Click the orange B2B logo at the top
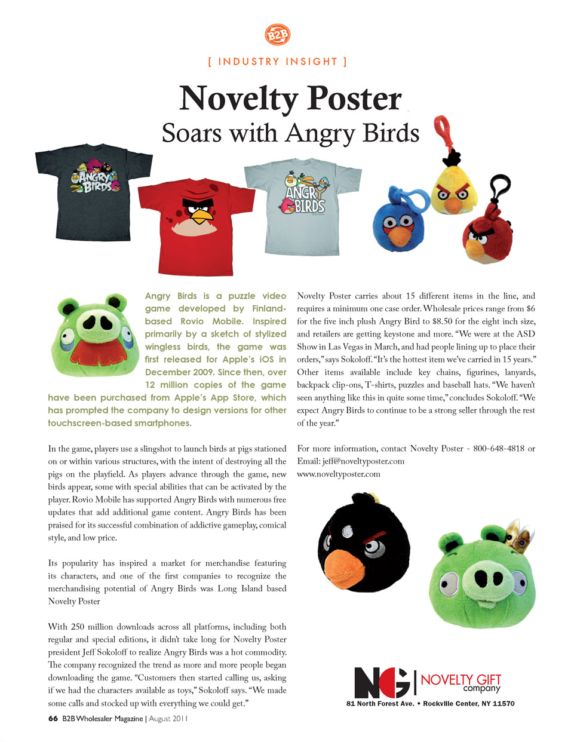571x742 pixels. [277, 35]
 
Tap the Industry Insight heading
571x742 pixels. [278, 62]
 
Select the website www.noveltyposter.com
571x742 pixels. [339, 474]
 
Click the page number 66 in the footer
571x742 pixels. [53, 719]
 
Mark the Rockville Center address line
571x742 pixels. [430, 704]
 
